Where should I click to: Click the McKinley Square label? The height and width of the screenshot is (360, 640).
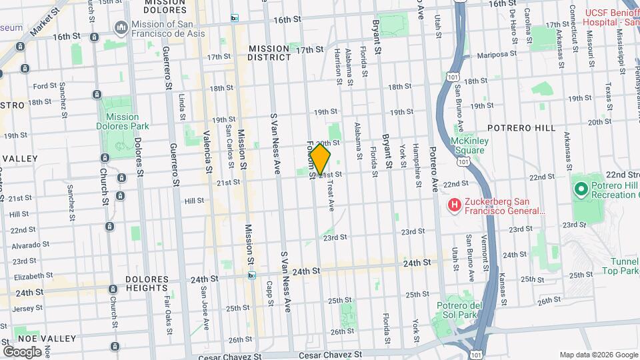coord(467,145)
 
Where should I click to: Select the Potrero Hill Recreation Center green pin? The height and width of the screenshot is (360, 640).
coord(581,189)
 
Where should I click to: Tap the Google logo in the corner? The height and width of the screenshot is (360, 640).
coord(21,351)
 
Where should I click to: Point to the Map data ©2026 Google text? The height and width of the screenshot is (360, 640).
coord(598,354)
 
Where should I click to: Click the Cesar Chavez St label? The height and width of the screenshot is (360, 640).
coord(330,355)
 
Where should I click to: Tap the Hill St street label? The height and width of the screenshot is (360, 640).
coord(194,200)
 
